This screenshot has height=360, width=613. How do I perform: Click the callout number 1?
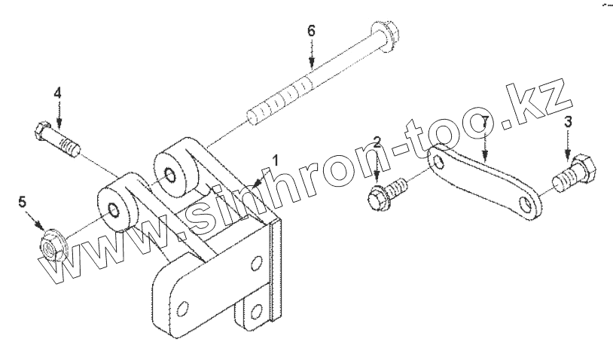click(x=276, y=160)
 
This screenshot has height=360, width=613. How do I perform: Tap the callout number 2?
click(x=379, y=142)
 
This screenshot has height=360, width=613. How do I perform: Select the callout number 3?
click(x=569, y=122)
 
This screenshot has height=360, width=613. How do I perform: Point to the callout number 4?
click(x=57, y=93)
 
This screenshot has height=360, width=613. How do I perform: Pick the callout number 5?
click(x=23, y=201)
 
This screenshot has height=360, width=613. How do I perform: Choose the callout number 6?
click(x=311, y=32)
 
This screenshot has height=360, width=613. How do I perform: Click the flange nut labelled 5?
click(x=52, y=245)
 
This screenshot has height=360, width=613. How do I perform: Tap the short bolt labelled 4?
click(x=59, y=140)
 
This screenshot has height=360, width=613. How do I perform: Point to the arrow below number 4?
click(x=59, y=117)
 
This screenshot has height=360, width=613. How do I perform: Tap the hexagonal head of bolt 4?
click(x=41, y=133)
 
